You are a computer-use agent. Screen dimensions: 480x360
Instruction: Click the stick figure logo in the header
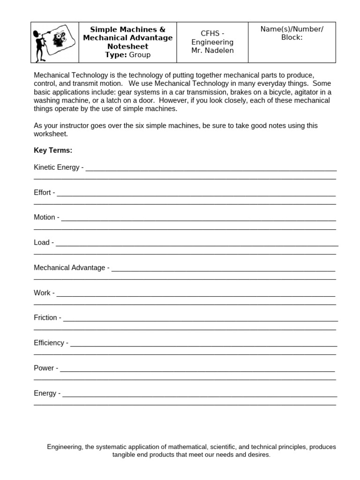coord(54,43)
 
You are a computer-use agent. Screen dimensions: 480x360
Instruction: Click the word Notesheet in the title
coord(127,46)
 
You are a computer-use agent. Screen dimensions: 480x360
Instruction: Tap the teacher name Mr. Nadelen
coord(212,51)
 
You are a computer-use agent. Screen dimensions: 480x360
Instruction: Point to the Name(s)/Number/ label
coord(292,29)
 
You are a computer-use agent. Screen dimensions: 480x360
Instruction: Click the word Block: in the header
coord(292,37)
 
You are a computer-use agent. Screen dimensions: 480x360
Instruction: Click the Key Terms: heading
coord(53,150)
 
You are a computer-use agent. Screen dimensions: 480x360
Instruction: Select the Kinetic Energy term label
coord(56,167)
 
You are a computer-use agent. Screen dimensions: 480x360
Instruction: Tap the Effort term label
coord(42,192)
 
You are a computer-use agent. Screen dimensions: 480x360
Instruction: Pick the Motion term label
coord(44,217)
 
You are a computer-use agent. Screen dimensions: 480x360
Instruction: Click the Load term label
coord(41,242)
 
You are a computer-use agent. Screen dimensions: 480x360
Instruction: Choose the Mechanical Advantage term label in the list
coord(69,268)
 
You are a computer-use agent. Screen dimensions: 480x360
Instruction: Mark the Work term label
coord(42,293)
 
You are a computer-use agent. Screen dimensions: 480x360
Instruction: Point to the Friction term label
coord(45,318)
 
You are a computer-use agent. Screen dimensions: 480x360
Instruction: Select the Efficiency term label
coord(49,343)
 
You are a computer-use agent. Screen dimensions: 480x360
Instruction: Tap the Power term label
coord(44,368)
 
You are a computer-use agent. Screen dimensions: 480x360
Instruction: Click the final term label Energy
coord(45,393)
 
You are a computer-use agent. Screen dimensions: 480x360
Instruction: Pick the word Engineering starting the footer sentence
coord(64,447)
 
